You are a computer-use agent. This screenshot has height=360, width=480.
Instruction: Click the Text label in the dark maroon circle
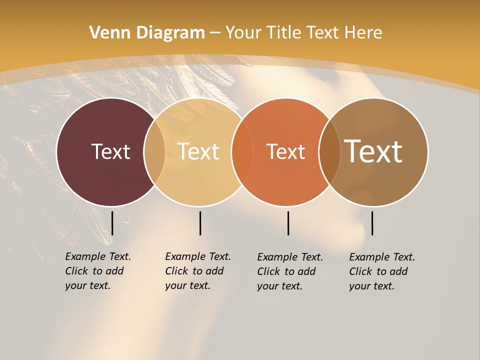pyautogui.click(x=110, y=151)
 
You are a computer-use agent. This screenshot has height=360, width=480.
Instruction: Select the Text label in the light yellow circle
pyautogui.click(x=198, y=151)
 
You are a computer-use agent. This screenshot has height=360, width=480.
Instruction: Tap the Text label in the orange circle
pyautogui.click(x=285, y=151)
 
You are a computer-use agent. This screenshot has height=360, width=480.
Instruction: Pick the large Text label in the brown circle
pyautogui.click(x=373, y=151)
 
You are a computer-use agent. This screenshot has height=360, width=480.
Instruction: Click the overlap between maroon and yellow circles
pyautogui.click(x=154, y=152)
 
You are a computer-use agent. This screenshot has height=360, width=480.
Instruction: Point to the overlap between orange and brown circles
pyautogui.click(x=329, y=152)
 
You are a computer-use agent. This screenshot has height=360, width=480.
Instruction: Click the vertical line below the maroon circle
pyautogui.click(x=112, y=223)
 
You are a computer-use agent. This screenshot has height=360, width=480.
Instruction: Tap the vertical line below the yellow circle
pyautogui.click(x=200, y=223)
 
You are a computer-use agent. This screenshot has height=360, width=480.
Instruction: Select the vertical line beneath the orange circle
pyautogui.click(x=288, y=223)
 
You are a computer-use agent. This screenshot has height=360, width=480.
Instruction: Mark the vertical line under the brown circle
pyautogui.click(x=372, y=223)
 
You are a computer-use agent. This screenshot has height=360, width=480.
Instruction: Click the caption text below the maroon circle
pyautogui.click(x=98, y=271)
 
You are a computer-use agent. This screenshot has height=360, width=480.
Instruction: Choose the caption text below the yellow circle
pyautogui.click(x=198, y=271)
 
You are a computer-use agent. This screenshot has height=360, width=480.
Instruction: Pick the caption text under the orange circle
pyautogui.click(x=290, y=271)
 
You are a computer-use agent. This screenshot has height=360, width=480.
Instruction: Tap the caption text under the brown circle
pyautogui.click(x=382, y=271)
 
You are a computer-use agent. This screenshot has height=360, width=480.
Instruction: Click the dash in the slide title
pyautogui.click(x=215, y=33)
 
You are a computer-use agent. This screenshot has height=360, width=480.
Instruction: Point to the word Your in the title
pyautogui.click(x=243, y=33)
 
